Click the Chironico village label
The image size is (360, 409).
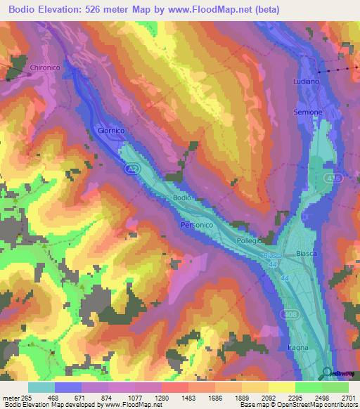click(44, 68)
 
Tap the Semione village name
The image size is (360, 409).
click(308, 112)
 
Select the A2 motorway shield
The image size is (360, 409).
click(132, 169)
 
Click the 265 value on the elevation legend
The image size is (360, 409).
click(28, 397)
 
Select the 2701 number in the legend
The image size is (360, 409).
click(349, 397)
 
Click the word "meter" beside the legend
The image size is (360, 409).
click(11, 397)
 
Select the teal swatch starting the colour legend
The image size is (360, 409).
click(41, 387)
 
